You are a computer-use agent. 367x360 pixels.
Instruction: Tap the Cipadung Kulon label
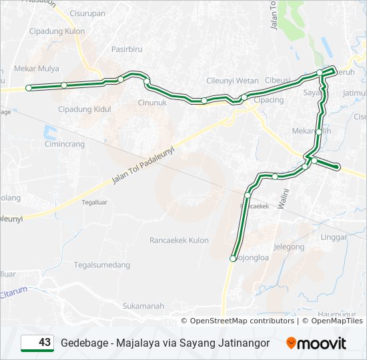tap(57, 31)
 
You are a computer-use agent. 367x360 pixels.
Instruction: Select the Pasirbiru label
tap(127, 49)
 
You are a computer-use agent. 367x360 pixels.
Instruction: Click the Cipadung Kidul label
tap(83, 109)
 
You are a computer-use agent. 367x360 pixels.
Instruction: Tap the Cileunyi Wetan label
tap(232, 81)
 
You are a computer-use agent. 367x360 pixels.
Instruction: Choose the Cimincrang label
tap(64, 143)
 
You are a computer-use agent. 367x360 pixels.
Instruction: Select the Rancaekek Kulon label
tap(179, 240)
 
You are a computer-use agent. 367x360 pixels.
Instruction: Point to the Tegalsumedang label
tap(102, 265)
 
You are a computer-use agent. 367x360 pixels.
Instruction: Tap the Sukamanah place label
tap(143, 306)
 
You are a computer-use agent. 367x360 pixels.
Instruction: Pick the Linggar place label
tap(334, 237)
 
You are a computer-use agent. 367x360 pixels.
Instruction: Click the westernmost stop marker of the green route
tap(29, 88)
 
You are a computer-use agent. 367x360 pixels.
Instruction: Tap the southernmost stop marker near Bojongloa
tap(233, 259)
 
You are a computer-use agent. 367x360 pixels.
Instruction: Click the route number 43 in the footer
tap(45, 343)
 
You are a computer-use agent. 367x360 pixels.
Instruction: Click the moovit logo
tap(316, 343)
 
